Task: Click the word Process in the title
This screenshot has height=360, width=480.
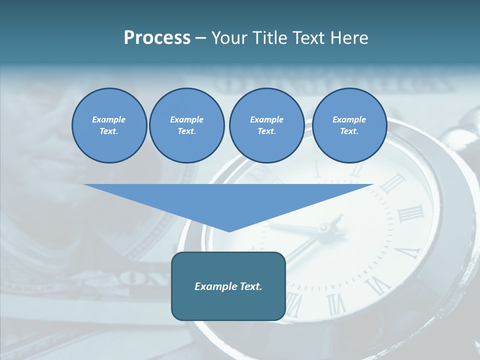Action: point(157,38)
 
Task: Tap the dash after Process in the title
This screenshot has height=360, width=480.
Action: point(201,38)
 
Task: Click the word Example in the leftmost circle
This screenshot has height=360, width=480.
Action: point(109,119)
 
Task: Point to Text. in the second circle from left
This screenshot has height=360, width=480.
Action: point(186,131)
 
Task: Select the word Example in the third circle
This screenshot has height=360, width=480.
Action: point(266,119)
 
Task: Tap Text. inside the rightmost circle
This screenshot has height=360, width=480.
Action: point(349,131)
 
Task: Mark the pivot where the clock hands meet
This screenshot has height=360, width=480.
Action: point(323,229)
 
